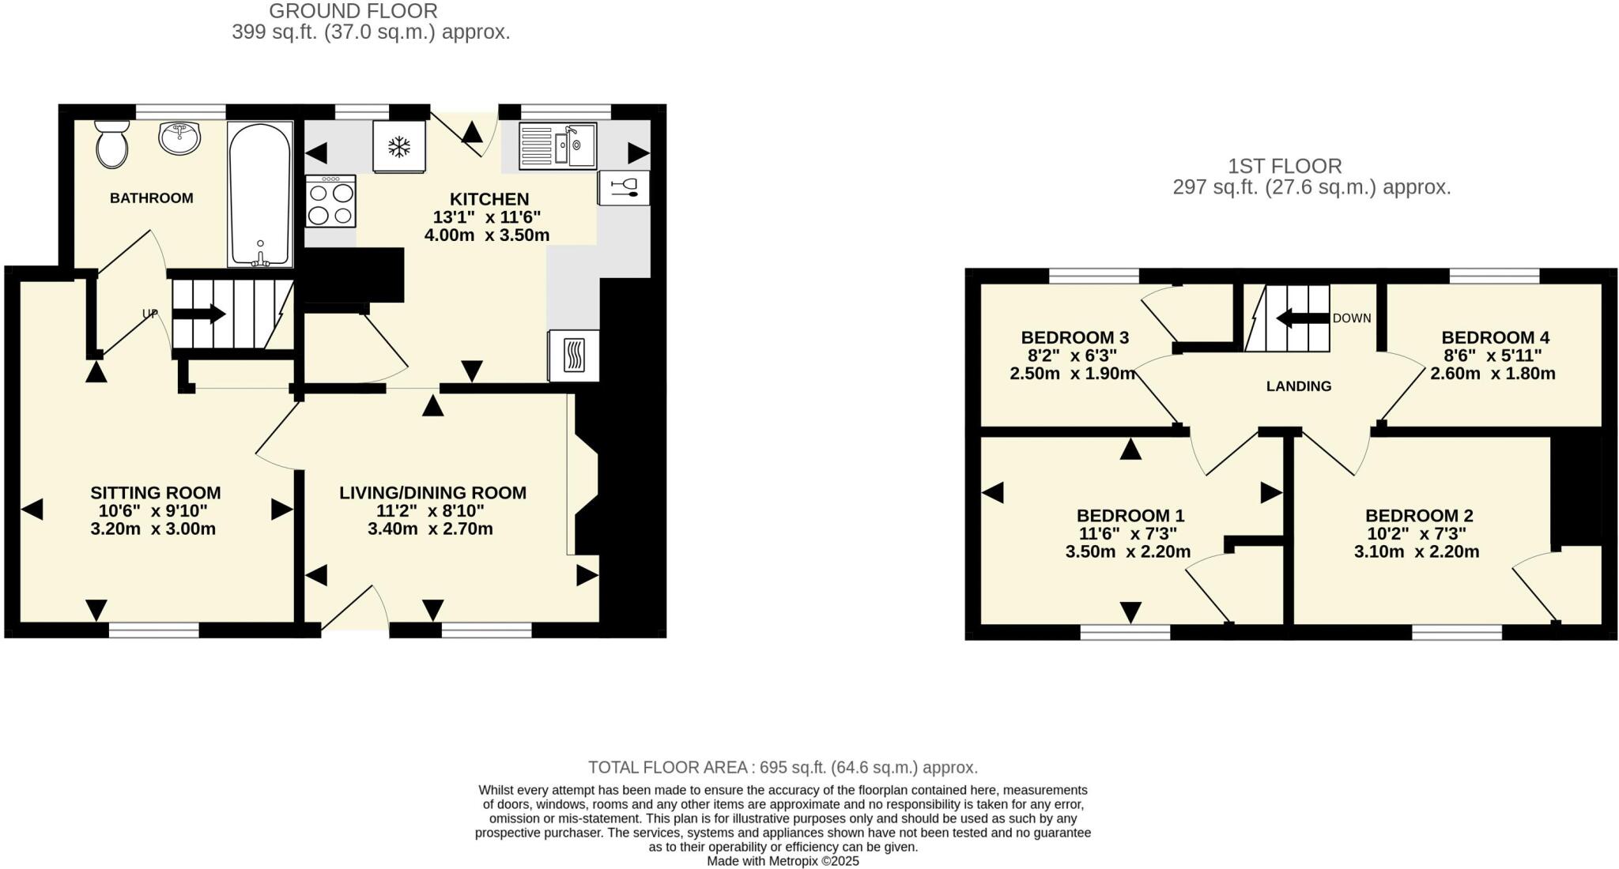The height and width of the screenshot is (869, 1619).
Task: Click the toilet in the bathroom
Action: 112,145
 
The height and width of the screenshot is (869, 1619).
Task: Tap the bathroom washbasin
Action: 180,138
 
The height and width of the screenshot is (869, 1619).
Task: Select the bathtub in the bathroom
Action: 259,194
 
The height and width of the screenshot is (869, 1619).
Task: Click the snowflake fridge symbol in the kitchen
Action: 399,146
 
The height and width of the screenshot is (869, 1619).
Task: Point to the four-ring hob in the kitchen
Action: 330,202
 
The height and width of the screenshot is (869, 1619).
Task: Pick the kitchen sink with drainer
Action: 557,145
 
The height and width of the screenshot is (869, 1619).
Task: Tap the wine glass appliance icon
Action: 624,188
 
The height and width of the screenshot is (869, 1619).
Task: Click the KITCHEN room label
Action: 489,199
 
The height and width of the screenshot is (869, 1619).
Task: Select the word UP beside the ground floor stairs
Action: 150,314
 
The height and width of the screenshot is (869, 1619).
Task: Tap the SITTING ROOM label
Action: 155,493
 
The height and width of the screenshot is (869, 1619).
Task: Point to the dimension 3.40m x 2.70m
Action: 430,529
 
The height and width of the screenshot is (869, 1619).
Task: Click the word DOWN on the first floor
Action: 1352,318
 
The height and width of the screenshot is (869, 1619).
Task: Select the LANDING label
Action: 1299,386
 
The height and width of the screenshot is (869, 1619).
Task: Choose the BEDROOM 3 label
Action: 1075,337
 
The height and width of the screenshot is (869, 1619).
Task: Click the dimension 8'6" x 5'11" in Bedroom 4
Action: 1492,355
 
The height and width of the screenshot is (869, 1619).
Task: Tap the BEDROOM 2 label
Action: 1419,516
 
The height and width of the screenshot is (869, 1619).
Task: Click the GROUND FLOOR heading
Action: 353,11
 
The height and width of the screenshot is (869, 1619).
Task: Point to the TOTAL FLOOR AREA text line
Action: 783,767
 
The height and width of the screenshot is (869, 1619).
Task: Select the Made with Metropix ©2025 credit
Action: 783,861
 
